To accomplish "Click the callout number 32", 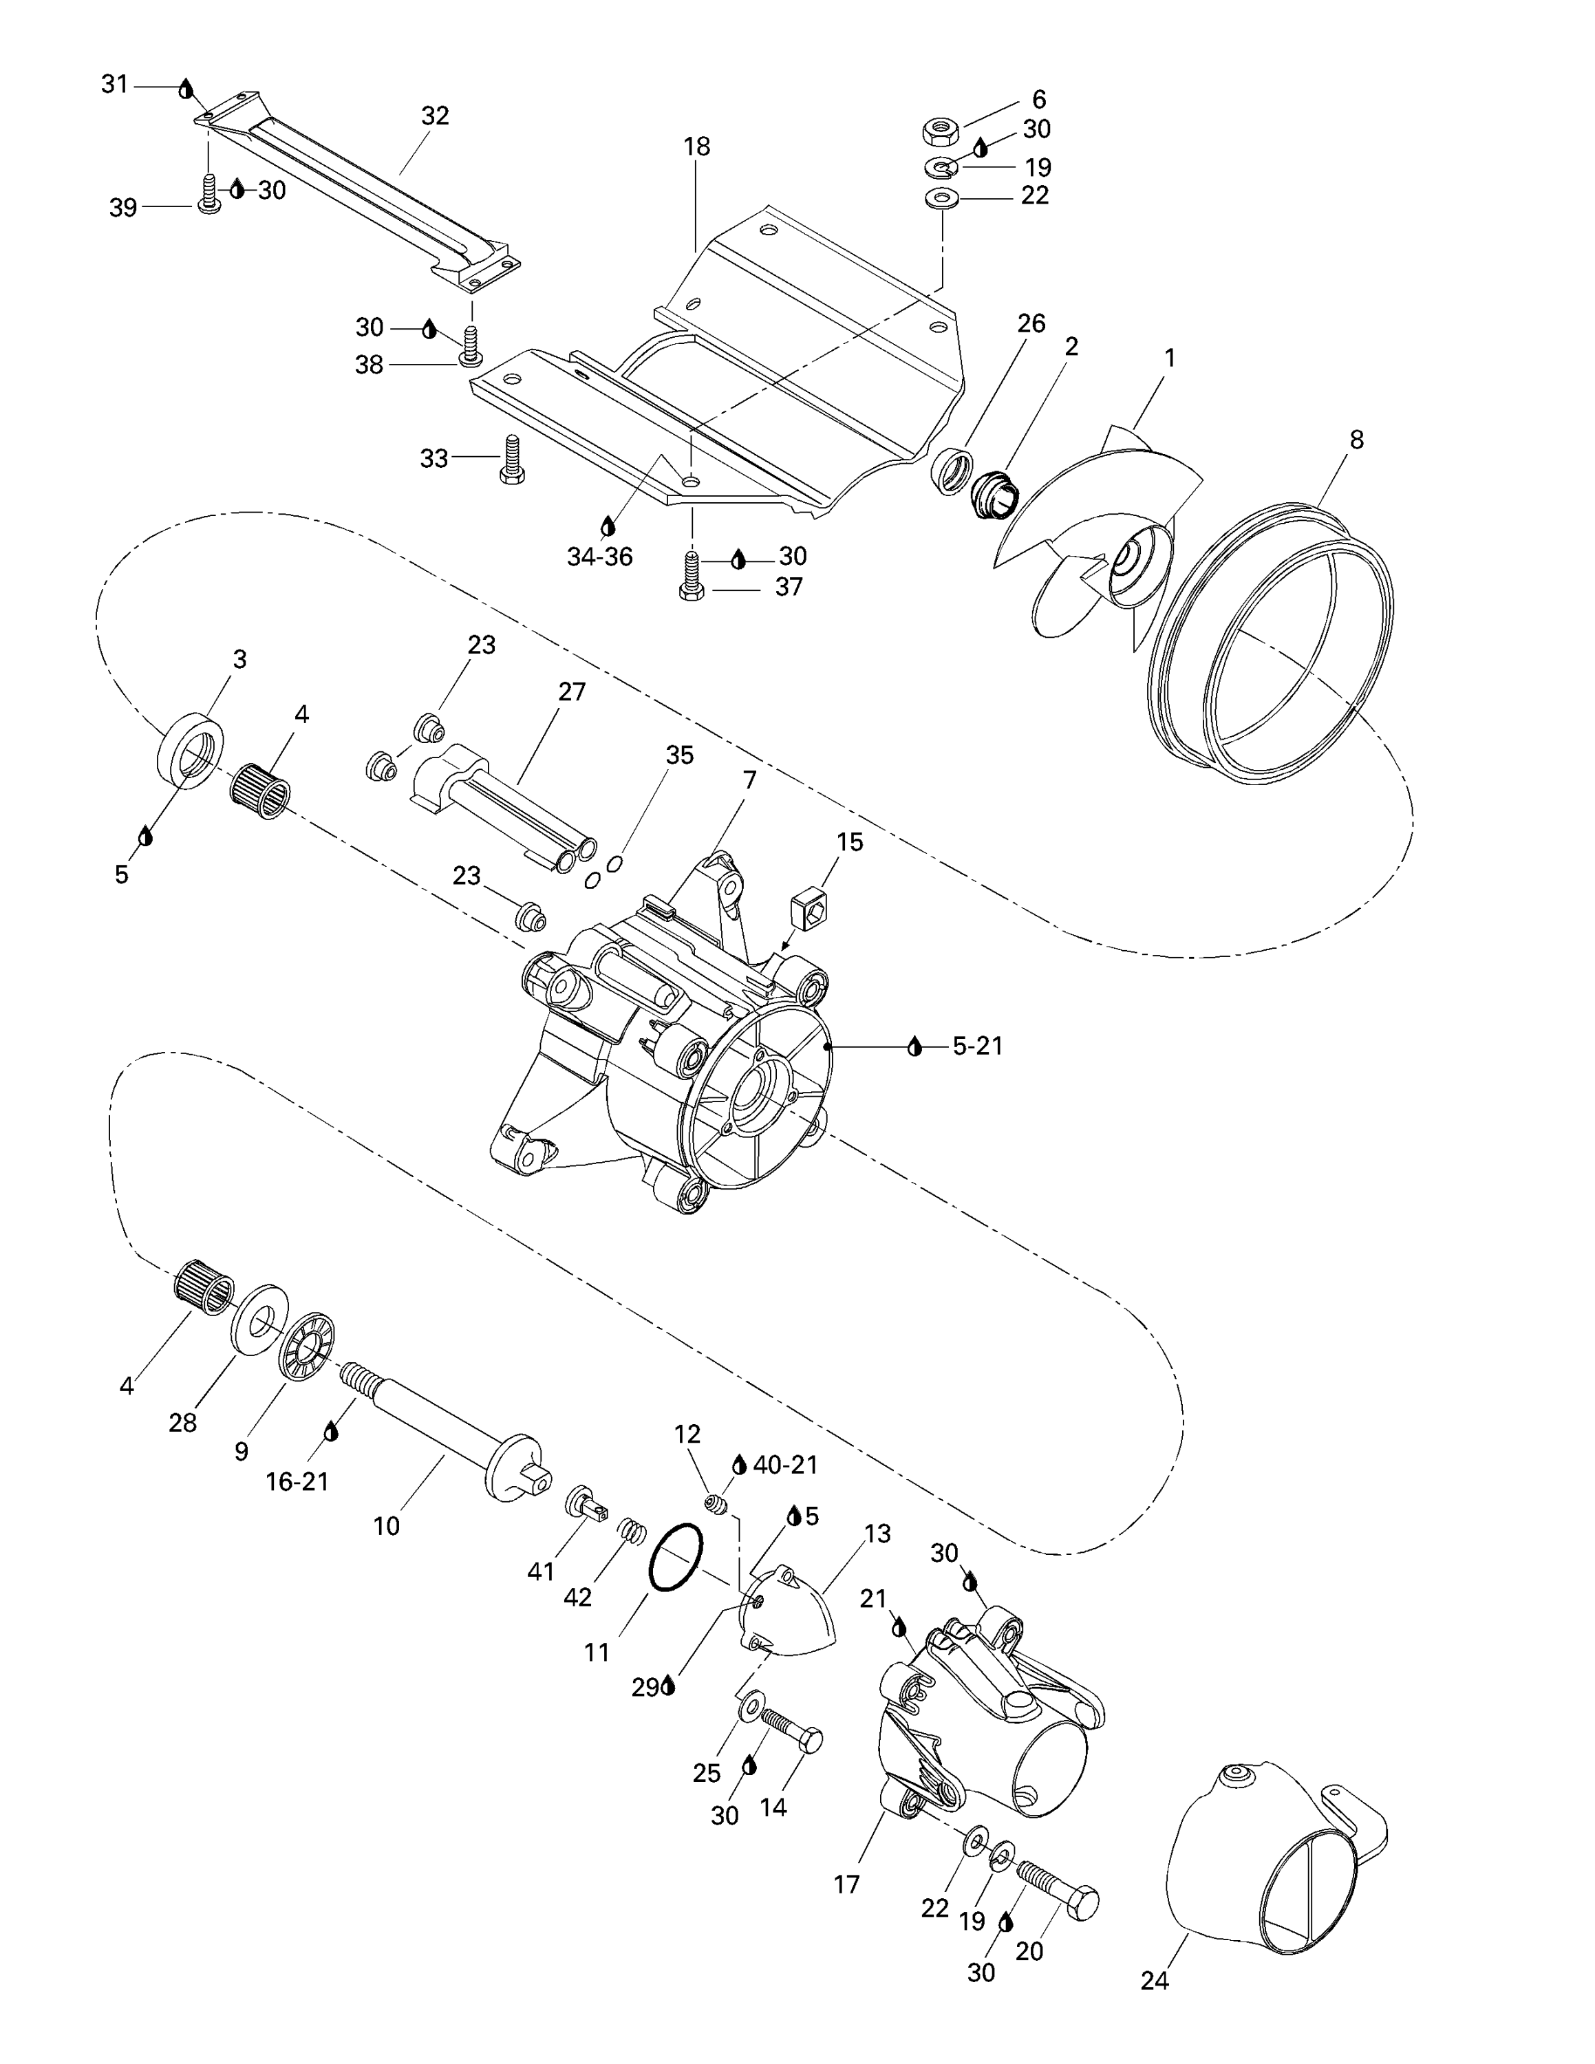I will point(435,116).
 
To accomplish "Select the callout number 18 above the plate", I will point(696,147).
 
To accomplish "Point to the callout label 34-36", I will point(599,557).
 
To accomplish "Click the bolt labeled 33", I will point(512,460).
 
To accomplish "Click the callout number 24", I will point(1155,1981).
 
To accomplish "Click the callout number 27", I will point(572,691).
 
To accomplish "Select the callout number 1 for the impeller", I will point(1170,358).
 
